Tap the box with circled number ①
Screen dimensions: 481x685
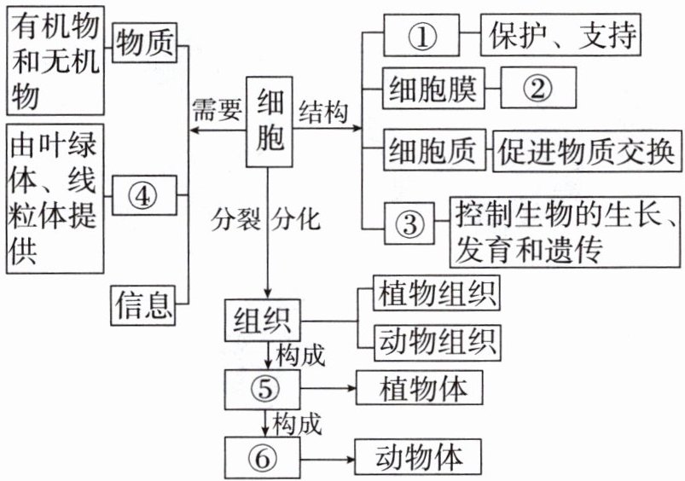pos(421,38)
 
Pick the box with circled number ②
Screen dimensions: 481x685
pos(538,85)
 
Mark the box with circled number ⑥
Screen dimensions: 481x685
pos(264,456)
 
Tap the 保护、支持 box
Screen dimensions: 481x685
pos(560,37)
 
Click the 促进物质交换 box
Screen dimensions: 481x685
pos(586,150)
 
